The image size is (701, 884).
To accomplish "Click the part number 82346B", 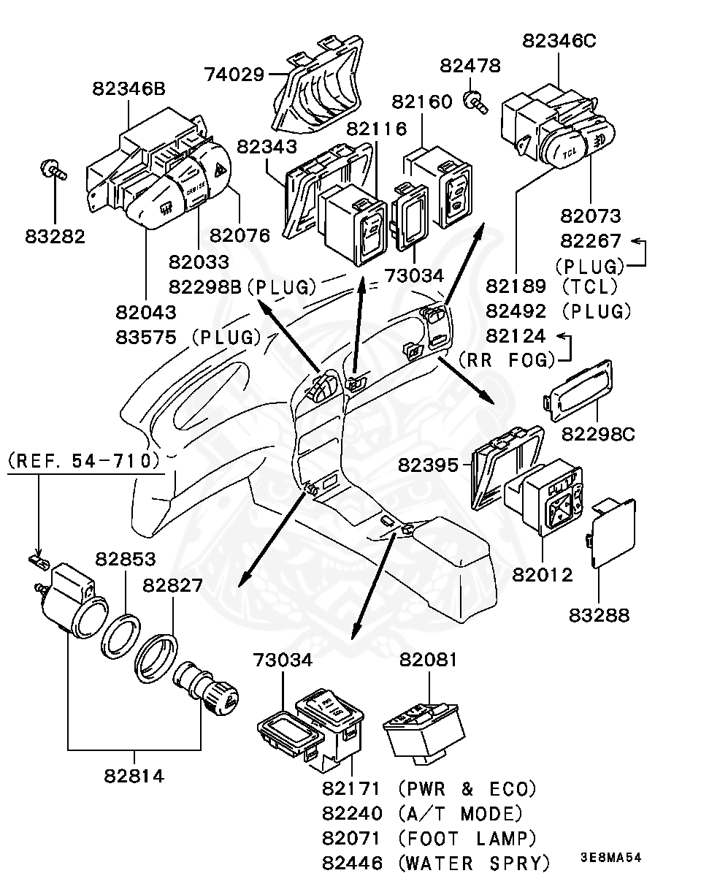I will coord(129,88).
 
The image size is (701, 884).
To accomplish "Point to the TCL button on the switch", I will coord(570,152).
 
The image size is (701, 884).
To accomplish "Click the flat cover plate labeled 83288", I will coord(612,533).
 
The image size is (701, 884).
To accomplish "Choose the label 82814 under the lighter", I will coord(134,775).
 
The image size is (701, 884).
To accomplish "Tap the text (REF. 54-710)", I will coord(83,460).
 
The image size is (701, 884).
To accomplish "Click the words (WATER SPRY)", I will coord(475,863).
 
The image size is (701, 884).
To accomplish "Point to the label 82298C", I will coord(597,434).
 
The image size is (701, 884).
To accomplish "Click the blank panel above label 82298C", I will coord(581,390).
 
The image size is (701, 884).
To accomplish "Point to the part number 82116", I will coord(376,129).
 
